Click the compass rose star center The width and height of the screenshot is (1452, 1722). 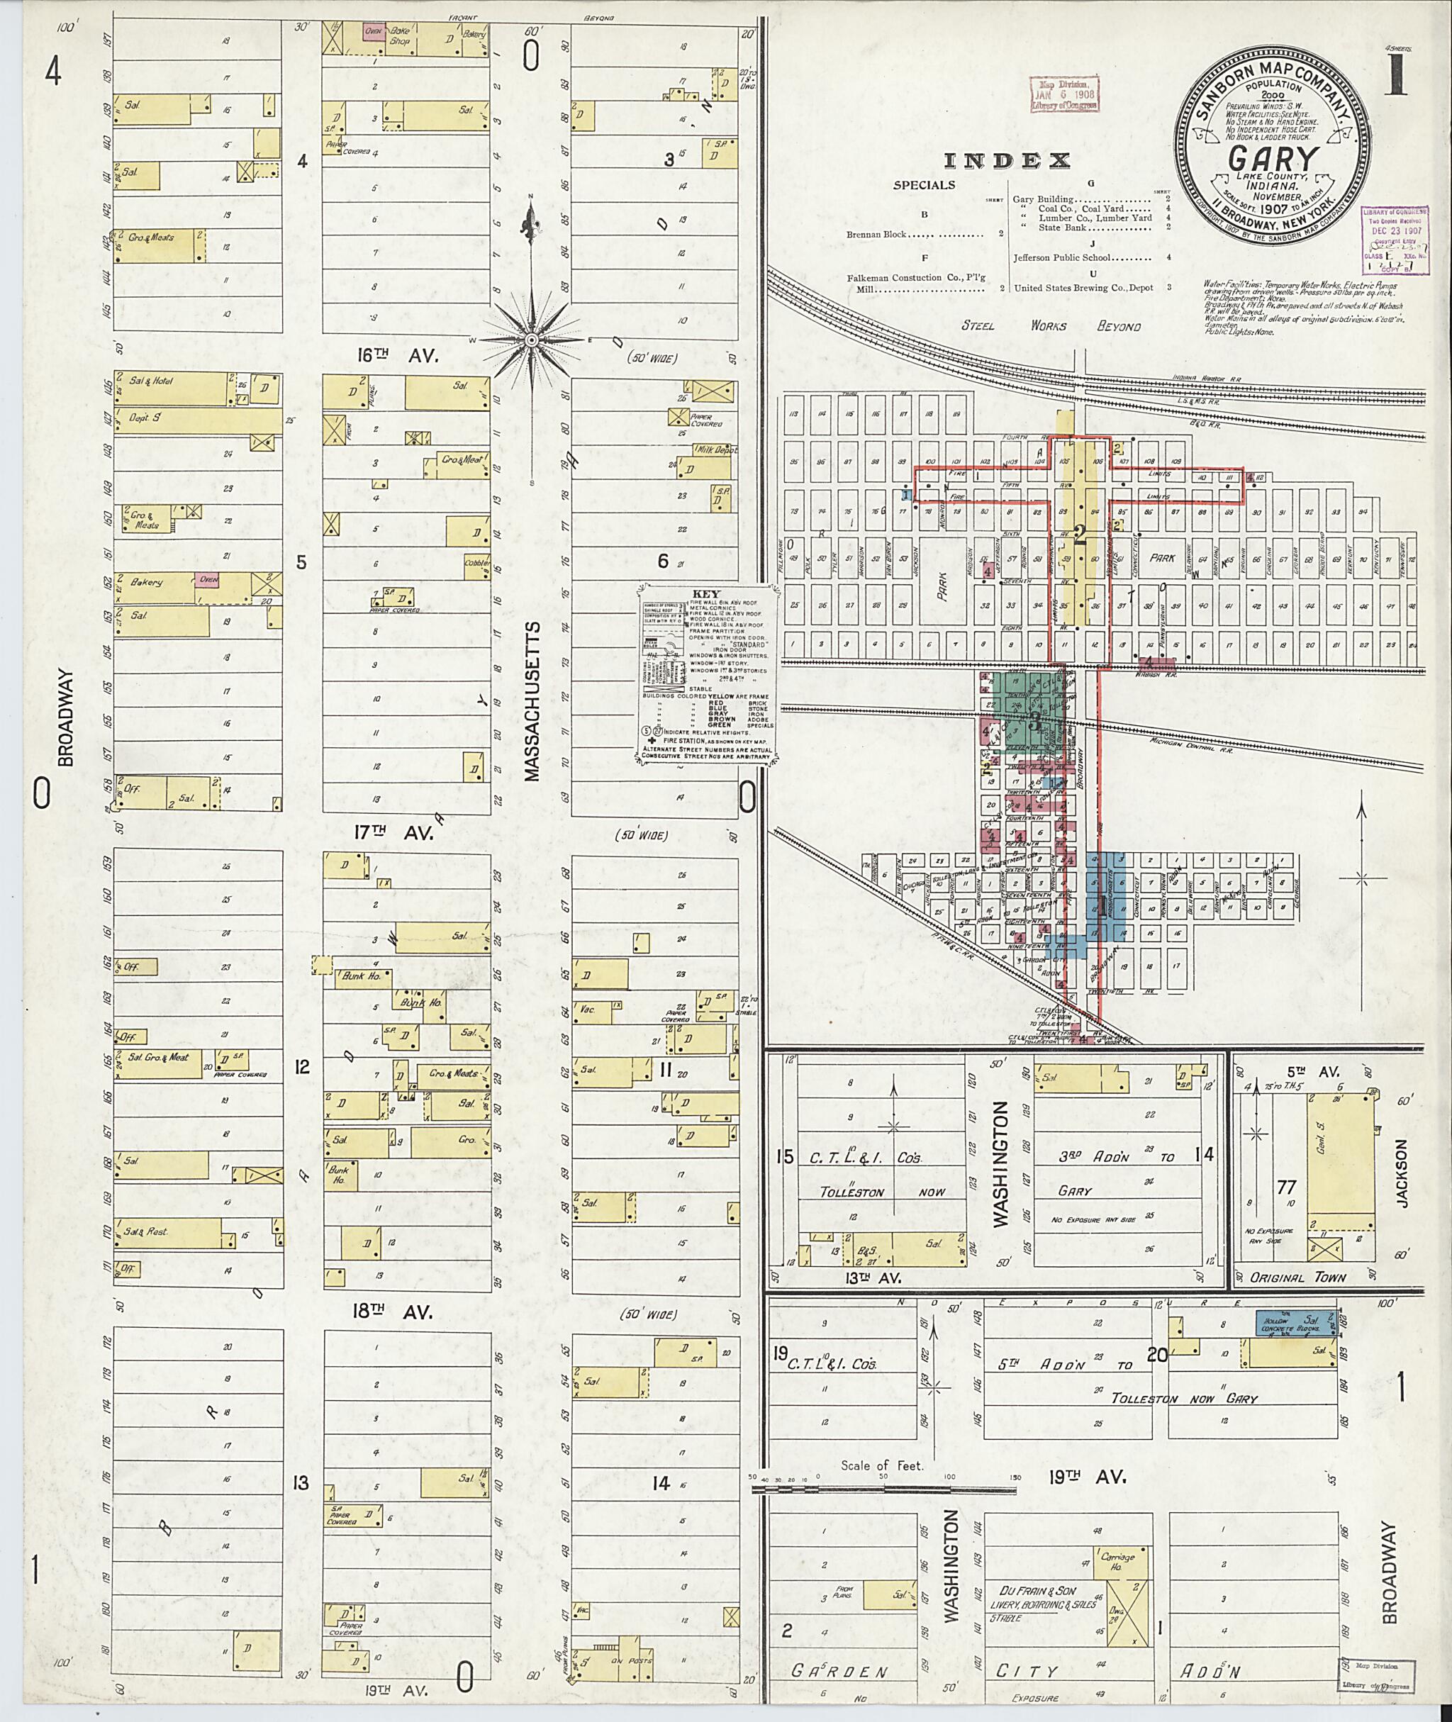pyautogui.click(x=532, y=339)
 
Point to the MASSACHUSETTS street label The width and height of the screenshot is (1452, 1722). pyautogui.click(x=532, y=702)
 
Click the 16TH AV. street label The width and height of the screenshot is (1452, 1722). pyautogui.click(x=388, y=357)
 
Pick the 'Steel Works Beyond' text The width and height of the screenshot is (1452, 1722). pyautogui.click(x=1051, y=326)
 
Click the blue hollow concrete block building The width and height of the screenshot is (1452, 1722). pyautogui.click(x=1295, y=1321)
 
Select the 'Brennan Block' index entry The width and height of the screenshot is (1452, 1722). pyautogui.click(x=878, y=235)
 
